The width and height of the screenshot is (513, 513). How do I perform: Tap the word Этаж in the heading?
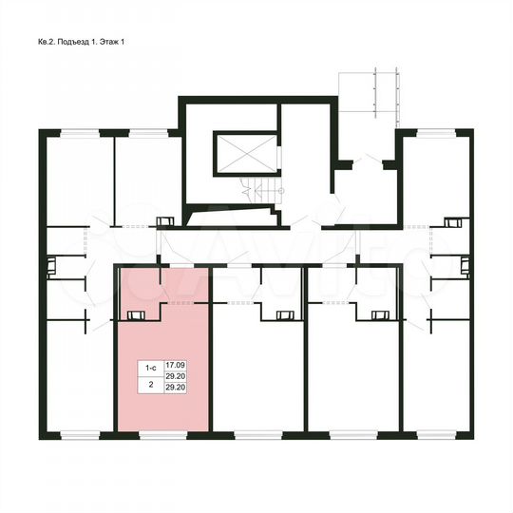[x=112, y=43]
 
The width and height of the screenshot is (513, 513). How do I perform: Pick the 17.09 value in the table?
[x=175, y=365]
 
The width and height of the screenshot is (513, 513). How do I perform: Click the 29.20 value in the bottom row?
[x=175, y=387]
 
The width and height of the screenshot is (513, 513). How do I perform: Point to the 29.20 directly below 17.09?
[x=175, y=376]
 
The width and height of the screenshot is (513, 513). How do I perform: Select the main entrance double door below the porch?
[x=364, y=162]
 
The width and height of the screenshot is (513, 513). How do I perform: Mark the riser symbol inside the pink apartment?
[x=138, y=315]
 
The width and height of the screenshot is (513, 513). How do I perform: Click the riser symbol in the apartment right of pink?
[x=283, y=315]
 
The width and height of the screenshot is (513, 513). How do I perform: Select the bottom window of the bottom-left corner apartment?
[x=76, y=433]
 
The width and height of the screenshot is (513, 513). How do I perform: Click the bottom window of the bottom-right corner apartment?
[x=436, y=433]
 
